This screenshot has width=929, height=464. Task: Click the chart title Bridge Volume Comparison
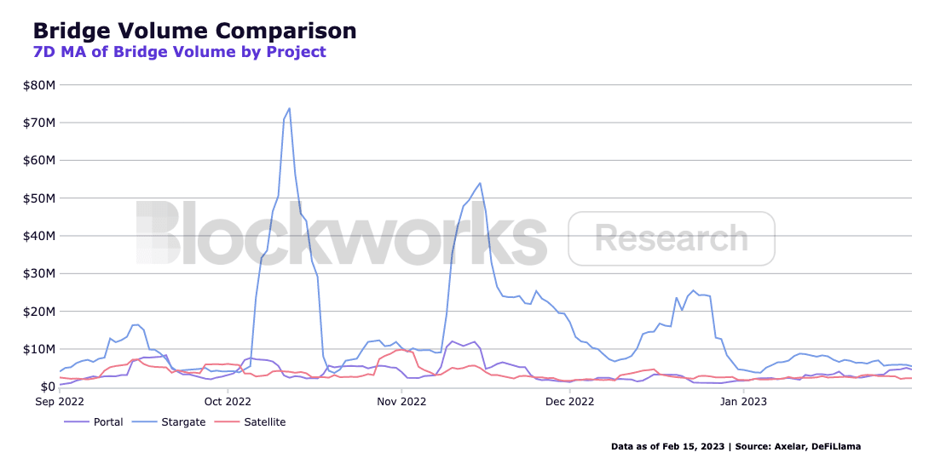coord(194,31)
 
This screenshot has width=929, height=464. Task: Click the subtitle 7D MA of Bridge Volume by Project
coord(179,52)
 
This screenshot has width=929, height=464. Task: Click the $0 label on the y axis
coord(47,387)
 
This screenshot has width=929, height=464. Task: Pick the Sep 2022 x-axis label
coord(60,401)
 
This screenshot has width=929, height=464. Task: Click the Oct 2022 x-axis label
coord(228,401)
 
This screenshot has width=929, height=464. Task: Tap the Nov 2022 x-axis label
coord(401,401)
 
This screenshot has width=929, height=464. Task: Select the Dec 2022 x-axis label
coord(569,401)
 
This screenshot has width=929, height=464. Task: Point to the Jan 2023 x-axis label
coord(743,401)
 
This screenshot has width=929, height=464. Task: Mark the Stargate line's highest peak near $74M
coord(290,108)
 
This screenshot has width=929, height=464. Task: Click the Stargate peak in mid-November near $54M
coord(480,183)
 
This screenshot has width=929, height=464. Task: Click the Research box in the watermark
coord(672,238)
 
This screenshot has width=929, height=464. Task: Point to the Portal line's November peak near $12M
coord(452,341)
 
